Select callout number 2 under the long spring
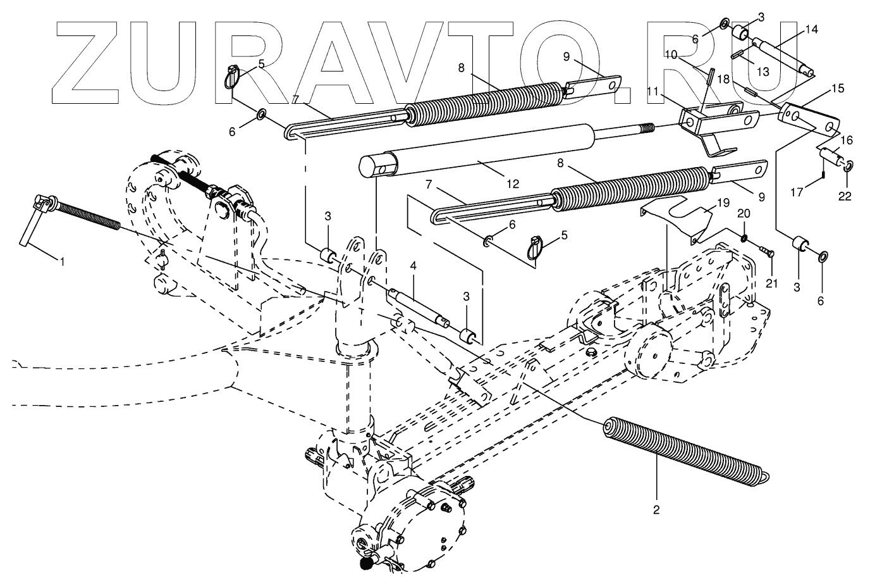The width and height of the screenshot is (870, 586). coord(656,509)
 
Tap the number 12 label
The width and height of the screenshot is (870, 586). coord(512,184)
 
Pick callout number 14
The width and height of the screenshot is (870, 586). coord(811,29)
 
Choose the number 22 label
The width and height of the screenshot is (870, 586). coord(845,197)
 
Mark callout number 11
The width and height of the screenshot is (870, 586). coord(654,92)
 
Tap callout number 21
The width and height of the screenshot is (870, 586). coord(771,284)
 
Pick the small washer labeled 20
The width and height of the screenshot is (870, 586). coord(744,238)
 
